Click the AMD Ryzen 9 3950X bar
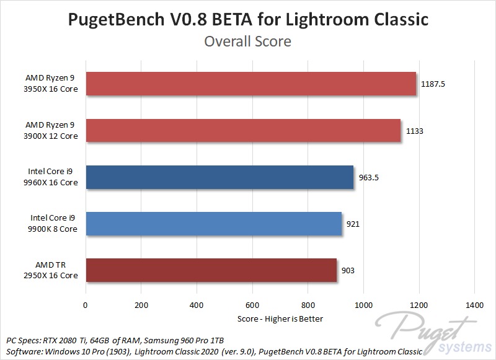click(x=250, y=84)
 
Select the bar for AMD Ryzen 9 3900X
click(x=243, y=131)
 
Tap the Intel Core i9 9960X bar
click(x=219, y=177)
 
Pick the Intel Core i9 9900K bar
click(x=213, y=224)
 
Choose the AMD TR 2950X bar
click(x=211, y=270)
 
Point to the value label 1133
click(x=415, y=131)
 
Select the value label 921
click(x=352, y=224)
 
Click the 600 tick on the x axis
click(x=252, y=305)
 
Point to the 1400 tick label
click(x=474, y=305)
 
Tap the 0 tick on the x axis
click(x=86, y=305)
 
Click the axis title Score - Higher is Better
click(x=280, y=318)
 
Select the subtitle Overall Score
click(x=247, y=42)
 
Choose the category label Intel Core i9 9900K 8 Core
click(x=54, y=224)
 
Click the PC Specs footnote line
click(x=115, y=341)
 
